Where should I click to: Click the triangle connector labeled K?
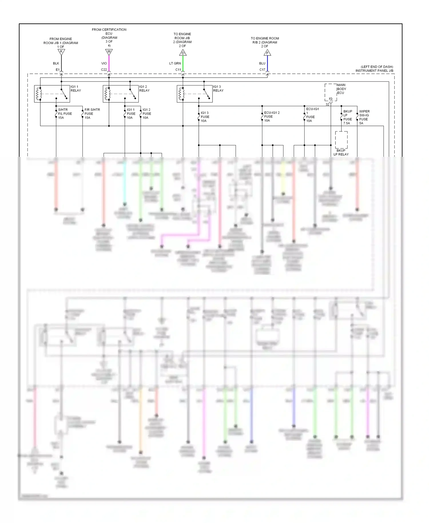[x=61, y=52]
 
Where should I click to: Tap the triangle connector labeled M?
[x=109, y=52]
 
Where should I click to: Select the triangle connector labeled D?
[x=183, y=53]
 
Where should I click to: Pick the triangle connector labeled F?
[x=267, y=53]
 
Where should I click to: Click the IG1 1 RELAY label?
[x=76, y=88]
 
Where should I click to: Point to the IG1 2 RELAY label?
[x=144, y=88]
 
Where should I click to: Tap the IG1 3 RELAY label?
[x=218, y=88]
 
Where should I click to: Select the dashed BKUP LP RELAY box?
[x=341, y=140]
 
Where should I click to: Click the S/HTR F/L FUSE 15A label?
[x=65, y=114]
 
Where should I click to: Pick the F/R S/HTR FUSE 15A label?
[x=92, y=114]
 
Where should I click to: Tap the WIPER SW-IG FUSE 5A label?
[x=364, y=117]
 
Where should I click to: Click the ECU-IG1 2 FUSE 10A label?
[x=271, y=116]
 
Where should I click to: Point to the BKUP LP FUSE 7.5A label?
[x=347, y=117]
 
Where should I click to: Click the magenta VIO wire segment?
[x=109, y=63]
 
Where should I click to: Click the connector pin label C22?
[x=104, y=70]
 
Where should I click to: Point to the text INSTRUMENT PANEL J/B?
[x=374, y=71]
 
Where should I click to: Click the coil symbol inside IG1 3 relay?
[x=181, y=94]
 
